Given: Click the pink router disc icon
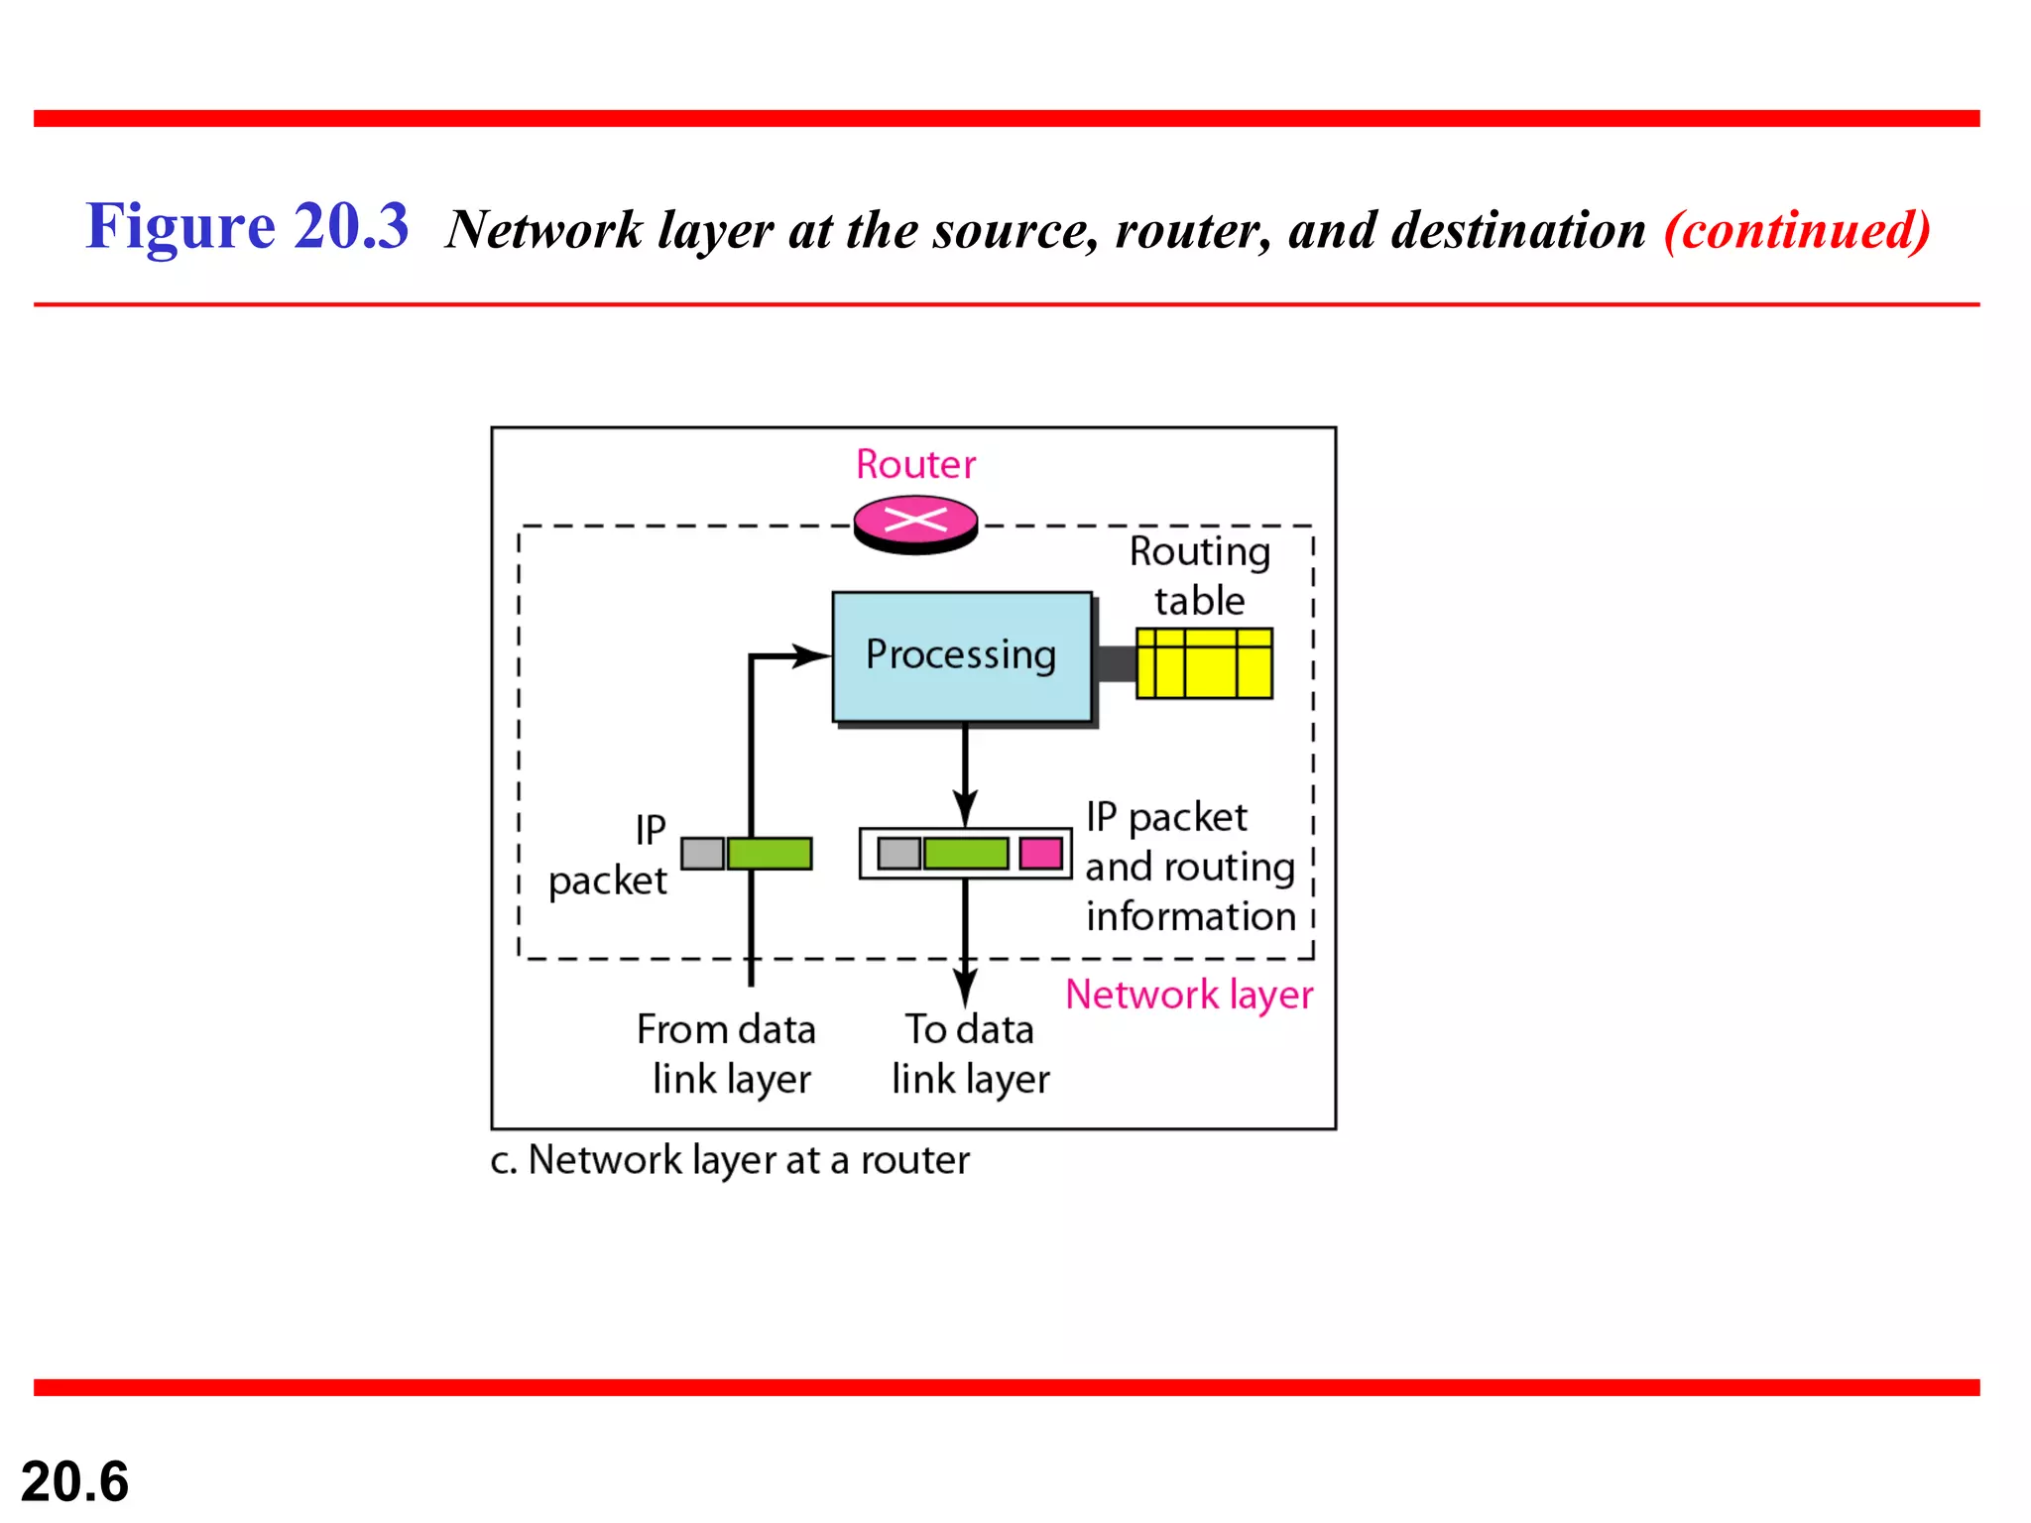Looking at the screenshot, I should point(915,523).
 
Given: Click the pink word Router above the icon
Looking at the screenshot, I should point(915,464).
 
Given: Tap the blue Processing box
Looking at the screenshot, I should point(961,655).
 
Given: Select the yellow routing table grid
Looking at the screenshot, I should point(1204,663).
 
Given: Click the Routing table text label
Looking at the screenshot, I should point(1199,576).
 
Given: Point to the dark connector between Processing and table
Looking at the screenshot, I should point(1116,663).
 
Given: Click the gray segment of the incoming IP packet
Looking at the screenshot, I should point(702,853).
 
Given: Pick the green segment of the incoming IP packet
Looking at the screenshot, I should point(770,853).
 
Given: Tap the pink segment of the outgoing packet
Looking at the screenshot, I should point(1040,853).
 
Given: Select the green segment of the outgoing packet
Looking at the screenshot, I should point(965,853).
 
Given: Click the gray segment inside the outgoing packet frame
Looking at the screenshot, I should point(898,853).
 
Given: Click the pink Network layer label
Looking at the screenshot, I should point(1188,995).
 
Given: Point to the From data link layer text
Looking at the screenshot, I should point(728,1054).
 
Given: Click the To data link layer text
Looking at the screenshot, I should point(969,1054).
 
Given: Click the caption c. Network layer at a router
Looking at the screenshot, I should point(729,1160).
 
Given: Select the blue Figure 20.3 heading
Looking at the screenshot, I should point(247,226).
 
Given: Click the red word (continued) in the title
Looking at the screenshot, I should point(1796,230).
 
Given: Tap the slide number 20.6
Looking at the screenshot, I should point(74,1481).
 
